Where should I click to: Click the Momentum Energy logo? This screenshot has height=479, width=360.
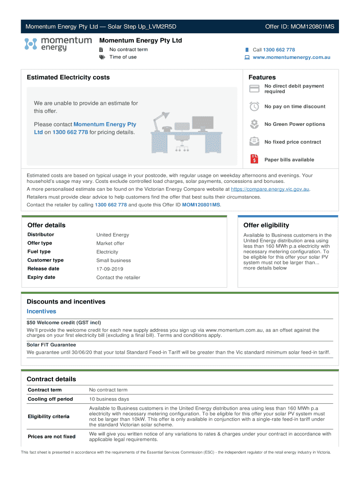point(58,44)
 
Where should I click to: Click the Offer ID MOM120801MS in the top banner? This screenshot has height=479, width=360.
point(299,27)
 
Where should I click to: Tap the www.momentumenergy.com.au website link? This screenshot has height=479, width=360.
point(291,58)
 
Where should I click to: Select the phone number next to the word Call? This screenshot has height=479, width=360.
point(279,50)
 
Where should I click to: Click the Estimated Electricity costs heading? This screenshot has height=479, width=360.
point(68,77)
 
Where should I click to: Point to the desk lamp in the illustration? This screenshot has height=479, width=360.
point(161,119)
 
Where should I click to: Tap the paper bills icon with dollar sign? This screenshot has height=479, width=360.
point(254,159)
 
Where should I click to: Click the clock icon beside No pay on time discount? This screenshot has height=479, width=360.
point(254,106)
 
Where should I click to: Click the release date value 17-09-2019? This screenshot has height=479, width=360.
point(110,269)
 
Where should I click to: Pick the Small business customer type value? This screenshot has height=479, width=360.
point(114,261)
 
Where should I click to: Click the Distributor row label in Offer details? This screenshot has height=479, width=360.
point(41,235)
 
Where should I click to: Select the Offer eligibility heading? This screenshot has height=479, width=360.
point(266,225)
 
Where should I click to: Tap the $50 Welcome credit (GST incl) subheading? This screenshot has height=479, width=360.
point(64,323)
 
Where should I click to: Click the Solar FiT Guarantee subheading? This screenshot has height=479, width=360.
point(51,345)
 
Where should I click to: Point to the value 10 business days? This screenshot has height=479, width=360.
point(108,399)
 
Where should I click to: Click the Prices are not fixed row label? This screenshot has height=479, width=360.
point(51,436)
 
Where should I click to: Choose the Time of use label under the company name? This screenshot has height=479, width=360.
point(123,57)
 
